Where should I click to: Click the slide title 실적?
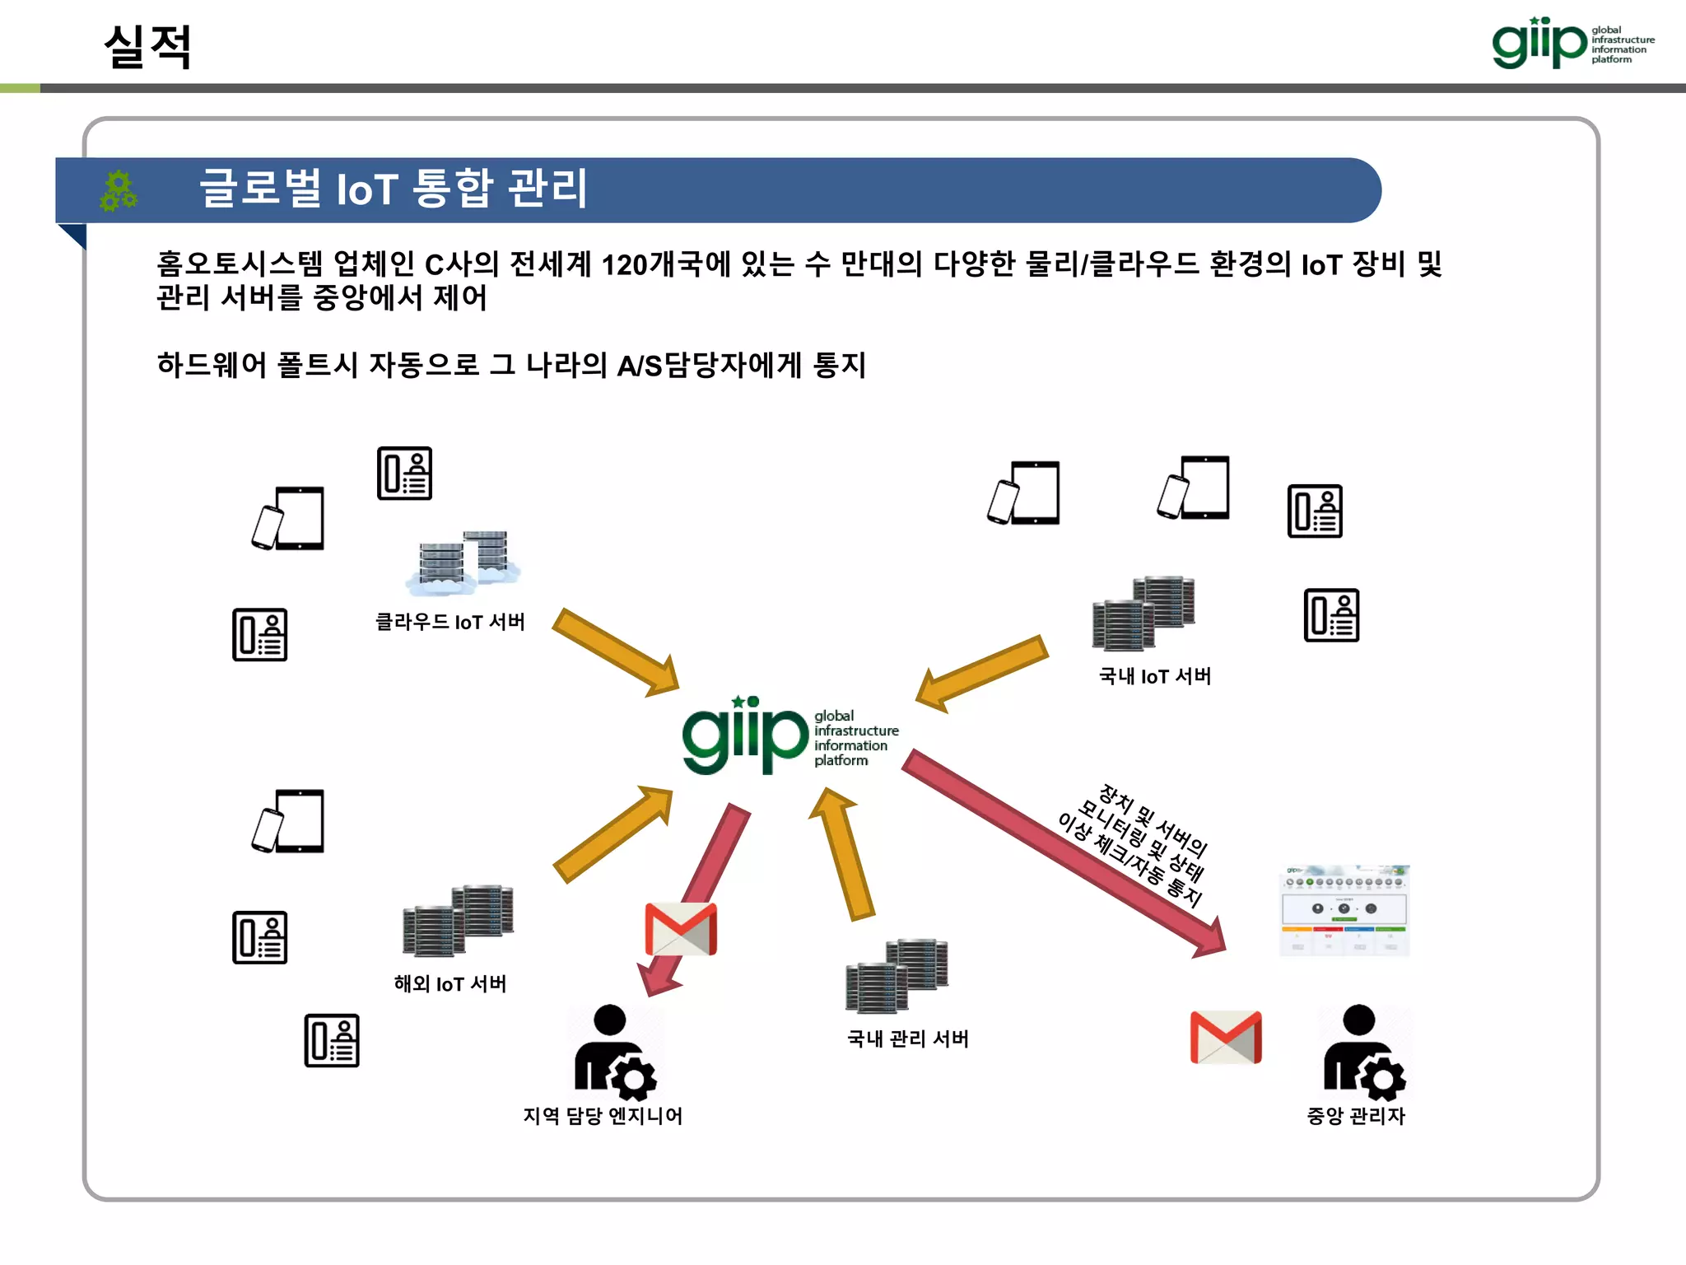pyautogui.click(x=148, y=46)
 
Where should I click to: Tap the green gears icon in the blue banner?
pyautogui.click(x=119, y=190)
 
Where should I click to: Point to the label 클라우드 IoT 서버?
pyautogui.click(x=449, y=622)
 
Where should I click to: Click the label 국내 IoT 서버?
pyautogui.click(x=1154, y=676)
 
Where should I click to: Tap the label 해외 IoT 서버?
pyautogui.click(x=449, y=983)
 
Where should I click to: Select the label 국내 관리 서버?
pyautogui.click(x=907, y=1039)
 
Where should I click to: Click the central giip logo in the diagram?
pyautogui.click(x=789, y=735)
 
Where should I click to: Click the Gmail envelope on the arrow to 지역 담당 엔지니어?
pyautogui.click(x=681, y=929)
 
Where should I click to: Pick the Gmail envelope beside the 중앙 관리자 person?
pyautogui.click(x=1226, y=1037)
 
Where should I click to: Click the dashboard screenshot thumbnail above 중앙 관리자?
pyautogui.click(x=1344, y=911)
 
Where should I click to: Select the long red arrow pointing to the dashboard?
pyautogui.click(x=1062, y=852)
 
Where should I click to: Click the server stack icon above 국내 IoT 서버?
pyautogui.click(x=1143, y=614)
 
